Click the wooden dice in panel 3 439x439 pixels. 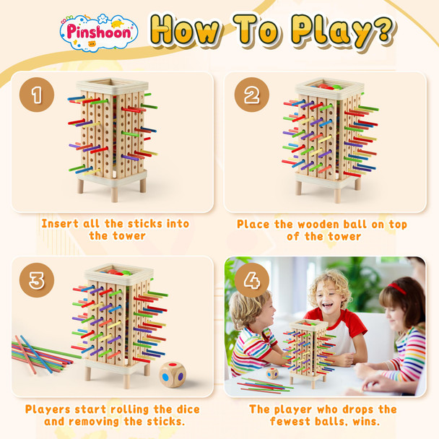pyautogui.click(x=173, y=374)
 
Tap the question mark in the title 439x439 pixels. pyautogui.click(x=381, y=30)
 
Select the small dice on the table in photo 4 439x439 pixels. pyautogui.click(x=272, y=373)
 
